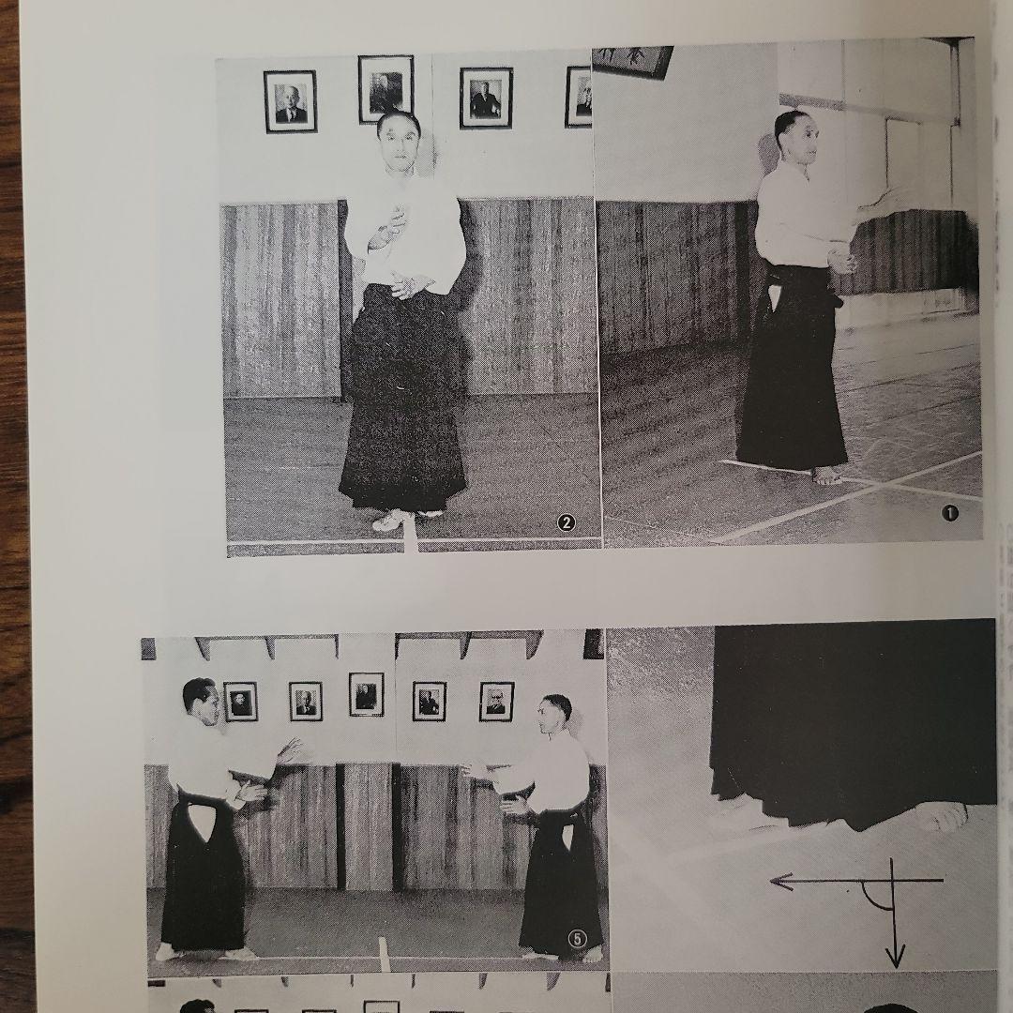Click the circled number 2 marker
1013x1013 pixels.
566,523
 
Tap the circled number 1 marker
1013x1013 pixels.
950,512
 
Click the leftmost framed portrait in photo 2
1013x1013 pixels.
290,101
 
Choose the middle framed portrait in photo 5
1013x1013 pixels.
366,695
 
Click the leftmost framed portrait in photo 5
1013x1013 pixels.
240,702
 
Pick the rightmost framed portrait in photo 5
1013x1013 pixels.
496,702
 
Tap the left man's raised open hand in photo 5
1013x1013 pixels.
289,751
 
